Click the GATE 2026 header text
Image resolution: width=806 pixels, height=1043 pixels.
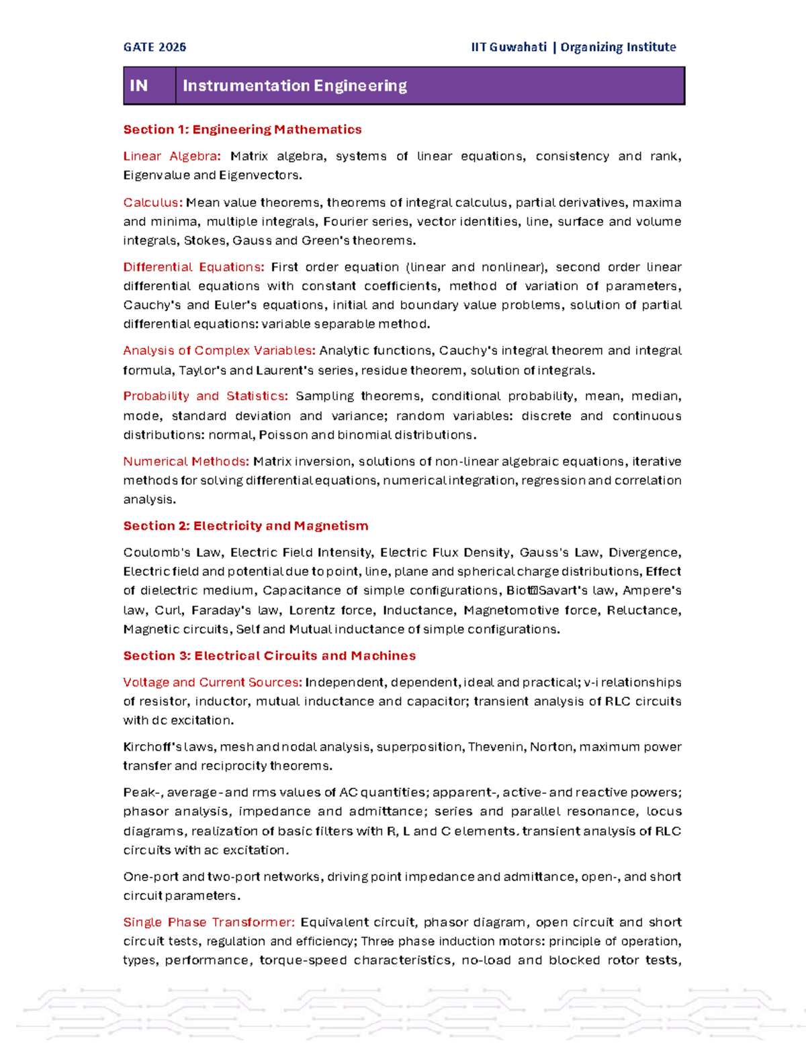click(x=154, y=47)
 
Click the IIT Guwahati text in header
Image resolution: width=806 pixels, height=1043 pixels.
click(x=508, y=47)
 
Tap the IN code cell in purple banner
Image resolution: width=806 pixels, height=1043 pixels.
click(x=139, y=86)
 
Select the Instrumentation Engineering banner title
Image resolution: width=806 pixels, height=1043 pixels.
click(x=294, y=86)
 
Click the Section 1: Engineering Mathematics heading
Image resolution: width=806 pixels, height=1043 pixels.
click(x=242, y=130)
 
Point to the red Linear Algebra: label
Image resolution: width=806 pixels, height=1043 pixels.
click(x=172, y=156)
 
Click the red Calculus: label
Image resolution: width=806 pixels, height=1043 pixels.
click(x=152, y=203)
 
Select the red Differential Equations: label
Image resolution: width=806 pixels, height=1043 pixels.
click(x=193, y=267)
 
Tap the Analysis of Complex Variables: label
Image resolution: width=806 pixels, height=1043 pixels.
click(x=219, y=351)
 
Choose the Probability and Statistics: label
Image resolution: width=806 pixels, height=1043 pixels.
click(x=206, y=396)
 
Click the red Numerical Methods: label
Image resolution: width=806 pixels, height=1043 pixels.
click(x=186, y=461)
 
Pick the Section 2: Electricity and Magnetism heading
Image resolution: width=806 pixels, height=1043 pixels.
click(x=245, y=526)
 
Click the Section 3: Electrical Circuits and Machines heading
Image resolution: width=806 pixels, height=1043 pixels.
click(x=269, y=655)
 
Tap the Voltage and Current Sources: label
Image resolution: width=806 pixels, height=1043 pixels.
click(x=212, y=682)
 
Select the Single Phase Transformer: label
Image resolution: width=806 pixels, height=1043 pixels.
click(x=209, y=922)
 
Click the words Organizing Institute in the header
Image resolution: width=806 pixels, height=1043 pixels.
click(x=618, y=47)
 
